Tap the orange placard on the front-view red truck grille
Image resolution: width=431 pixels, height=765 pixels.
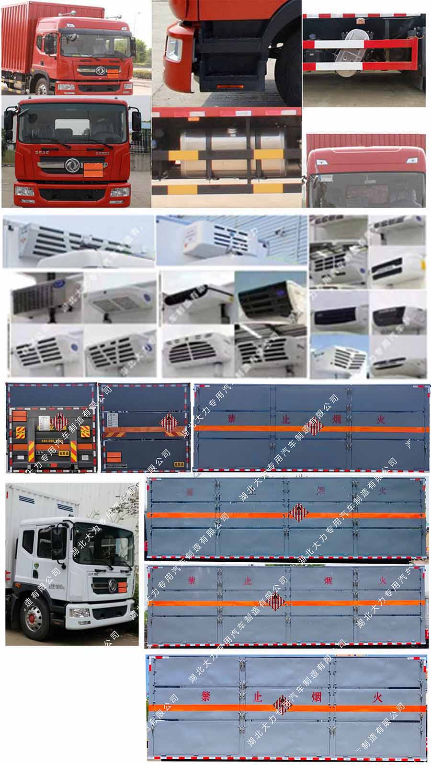tap(93, 169)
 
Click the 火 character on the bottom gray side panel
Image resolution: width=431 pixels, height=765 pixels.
tap(380, 696)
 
